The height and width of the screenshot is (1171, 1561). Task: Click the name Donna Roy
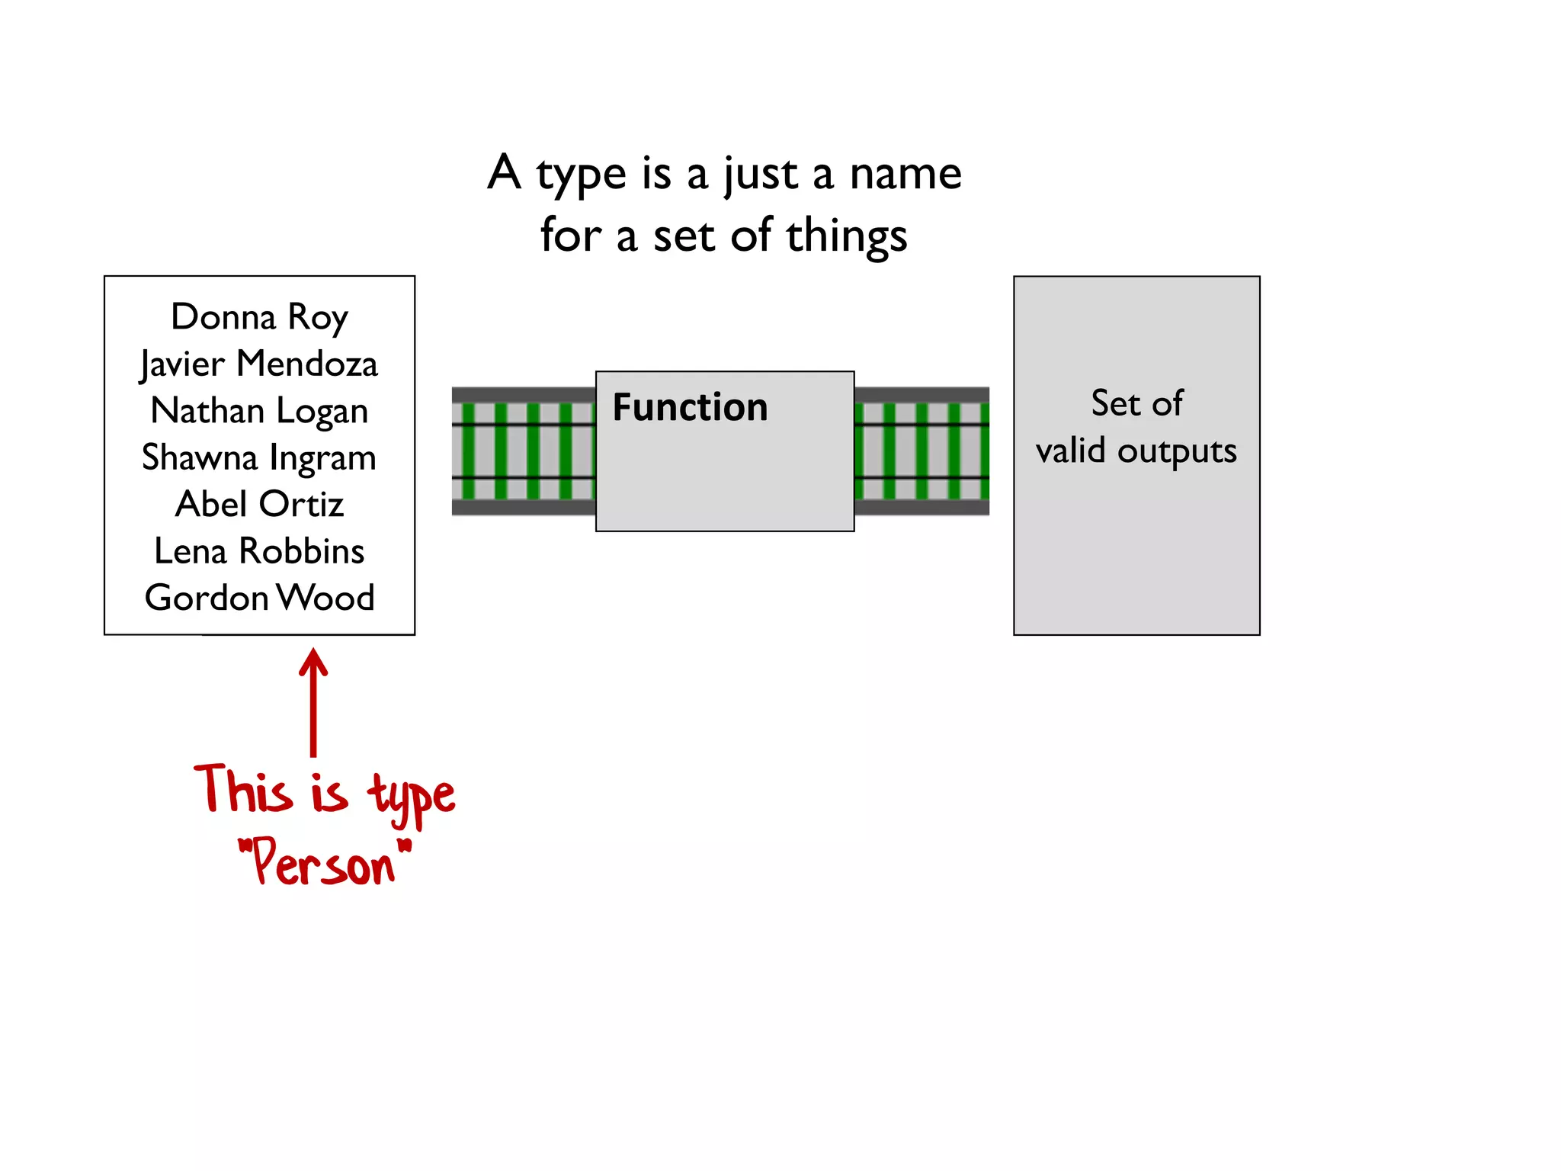(x=259, y=317)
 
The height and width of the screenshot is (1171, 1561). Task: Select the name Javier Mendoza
(x=259, y=364)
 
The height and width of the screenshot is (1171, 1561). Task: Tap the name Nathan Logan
(x=259, y=411)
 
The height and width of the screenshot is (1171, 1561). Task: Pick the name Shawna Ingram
(x=259, y=457)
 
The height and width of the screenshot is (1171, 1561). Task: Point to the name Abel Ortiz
(x=259, y=504)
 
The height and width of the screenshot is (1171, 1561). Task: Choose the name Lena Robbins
(x=259, y=550)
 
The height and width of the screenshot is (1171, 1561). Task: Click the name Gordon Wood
(x=259, y=597)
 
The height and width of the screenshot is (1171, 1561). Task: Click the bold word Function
(x=690, y=407)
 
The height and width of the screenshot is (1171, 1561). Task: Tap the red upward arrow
(x=313, y=701)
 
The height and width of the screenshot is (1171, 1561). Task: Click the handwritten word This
(x=244, y=790)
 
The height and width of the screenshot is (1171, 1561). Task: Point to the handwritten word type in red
(x=412, y=797)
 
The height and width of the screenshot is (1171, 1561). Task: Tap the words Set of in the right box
(x=1136, y=403)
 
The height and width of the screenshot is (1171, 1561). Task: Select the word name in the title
(x=906, y=174)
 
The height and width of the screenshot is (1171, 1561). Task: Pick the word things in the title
(x=847, y=236)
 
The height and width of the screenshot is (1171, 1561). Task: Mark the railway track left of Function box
(x=523, y=451)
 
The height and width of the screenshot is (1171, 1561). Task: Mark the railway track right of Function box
(x=922, y=451)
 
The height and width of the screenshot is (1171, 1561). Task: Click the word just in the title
(x=760, y=175)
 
